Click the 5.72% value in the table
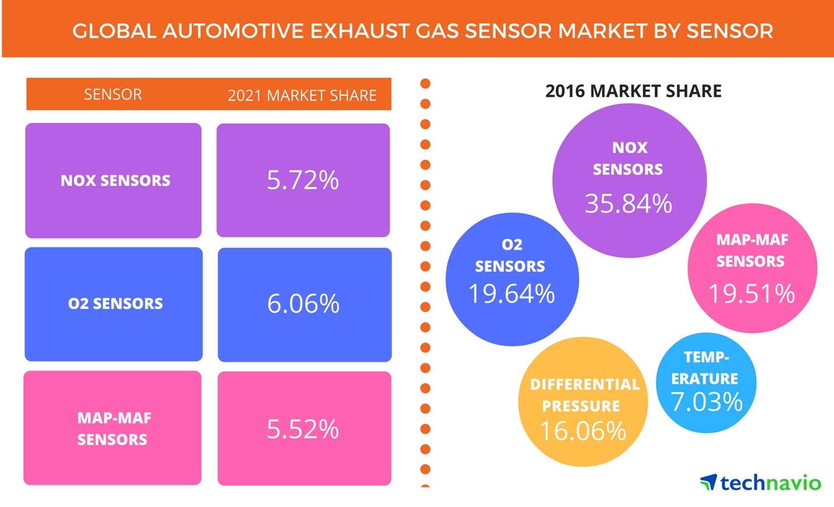pyautogui.click(x=303, y=180)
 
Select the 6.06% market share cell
pyautogui.click(x=303, y=304)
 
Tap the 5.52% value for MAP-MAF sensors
pyautogui.click(x=303, y=429)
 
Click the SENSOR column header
pyautogui.click(x=112, y=94)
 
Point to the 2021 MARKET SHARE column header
pyautogui.click(x=302, y=95)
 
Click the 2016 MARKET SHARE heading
pyautogui.click(x=633, y=91)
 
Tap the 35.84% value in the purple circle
pyautogui.click(x=628, y=203)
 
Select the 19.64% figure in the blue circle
pyautogui.click(x=511, y=293)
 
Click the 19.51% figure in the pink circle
pyautogui.click(x=751, y=293)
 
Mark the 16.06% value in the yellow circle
pyautogui.click(x=582, y=430)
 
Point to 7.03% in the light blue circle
pyautogui.click(x=707, y=401)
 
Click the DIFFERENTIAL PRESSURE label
pyautogui.click(x=584, y=395)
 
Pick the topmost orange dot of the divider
pyautogui.click(x=425, y=83)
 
